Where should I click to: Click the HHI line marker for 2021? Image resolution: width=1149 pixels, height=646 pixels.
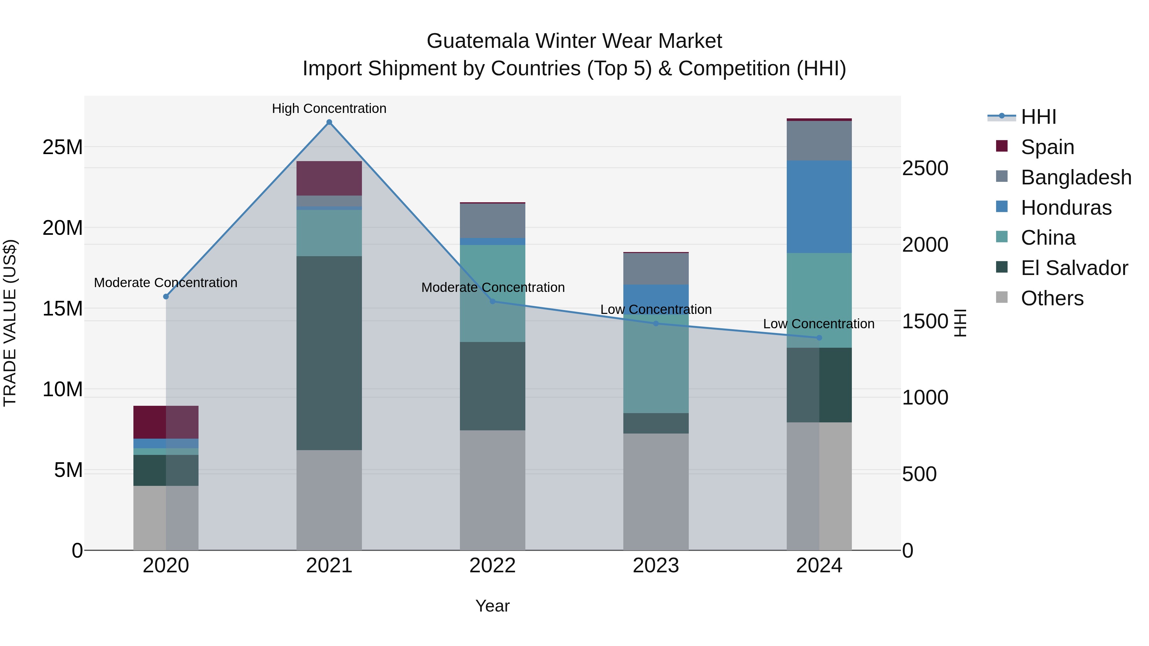pyautogui.click(x=329, y=122)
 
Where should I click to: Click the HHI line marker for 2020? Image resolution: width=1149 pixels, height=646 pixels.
pyautogui.click(x=166, y=296)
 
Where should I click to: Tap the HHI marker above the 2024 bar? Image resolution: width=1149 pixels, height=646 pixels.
pyautogui.click(x=819, y=338)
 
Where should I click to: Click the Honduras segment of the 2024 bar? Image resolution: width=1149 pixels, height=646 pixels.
pyautogui.click(x=819, y=207)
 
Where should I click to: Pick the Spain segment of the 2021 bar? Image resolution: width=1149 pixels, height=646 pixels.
pyautogui.click(x=329, y=178)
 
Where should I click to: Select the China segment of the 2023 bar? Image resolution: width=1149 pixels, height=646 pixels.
pyautogui.click(x=656, y=364)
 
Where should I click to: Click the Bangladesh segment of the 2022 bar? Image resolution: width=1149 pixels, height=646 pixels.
pyautogui.click(x=492, y=221)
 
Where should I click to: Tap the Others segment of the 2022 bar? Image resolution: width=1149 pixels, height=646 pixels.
pyautogui.click(x=492, y=490)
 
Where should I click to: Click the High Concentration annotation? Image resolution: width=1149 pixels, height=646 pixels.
pyautogui.click(x=329, y=108)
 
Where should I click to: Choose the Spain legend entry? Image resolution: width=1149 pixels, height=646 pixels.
pyautogui.click(x=1047, y=147)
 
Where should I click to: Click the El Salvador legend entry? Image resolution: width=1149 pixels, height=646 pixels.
pyautogui.click(x=1074, y=268)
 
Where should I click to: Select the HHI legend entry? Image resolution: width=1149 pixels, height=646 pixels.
pyautogui.click(x=1038, y=117)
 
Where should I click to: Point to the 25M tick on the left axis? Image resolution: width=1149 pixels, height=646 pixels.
pyautogui.click(x=63, y=147)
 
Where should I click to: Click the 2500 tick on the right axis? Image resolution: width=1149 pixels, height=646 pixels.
pyautogui.click(x=925, y=168)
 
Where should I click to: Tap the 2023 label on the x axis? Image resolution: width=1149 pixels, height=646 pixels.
pyautogui.click(x=656, y=566)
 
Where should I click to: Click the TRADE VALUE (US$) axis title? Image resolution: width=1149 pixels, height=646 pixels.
pyautogui.click(x=10, y=323)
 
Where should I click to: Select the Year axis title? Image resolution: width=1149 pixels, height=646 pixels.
pyautogui.click(x=492, y=606)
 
